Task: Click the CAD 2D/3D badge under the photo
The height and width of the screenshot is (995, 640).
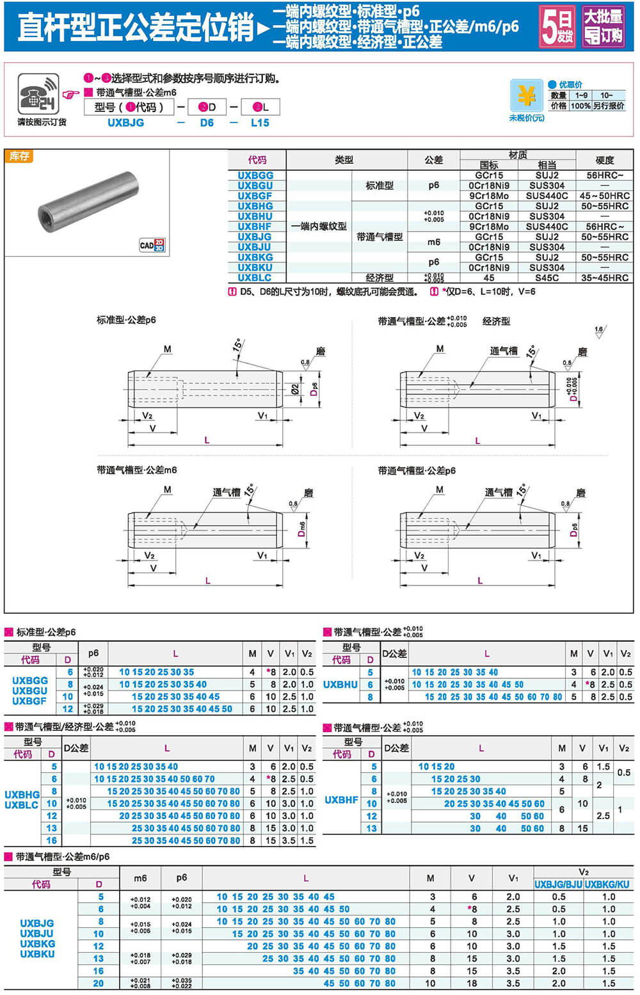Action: point(152,245)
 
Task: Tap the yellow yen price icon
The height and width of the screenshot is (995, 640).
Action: point(527,96)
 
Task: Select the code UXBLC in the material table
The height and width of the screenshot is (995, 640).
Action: point(255,278)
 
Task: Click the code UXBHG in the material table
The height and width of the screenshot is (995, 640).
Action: point(255,206)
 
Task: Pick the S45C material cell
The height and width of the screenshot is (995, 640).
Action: point(547,278)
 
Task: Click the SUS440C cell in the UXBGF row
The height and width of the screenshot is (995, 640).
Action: point(547,196)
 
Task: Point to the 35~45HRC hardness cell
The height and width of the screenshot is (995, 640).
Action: point(604,278)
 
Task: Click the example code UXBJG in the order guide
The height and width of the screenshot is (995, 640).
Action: point(125,122)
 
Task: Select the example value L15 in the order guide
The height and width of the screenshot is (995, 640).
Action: point(260,122)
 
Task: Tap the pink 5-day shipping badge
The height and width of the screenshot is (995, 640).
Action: point(557,26)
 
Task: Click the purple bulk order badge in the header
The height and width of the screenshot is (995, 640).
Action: point(603,26)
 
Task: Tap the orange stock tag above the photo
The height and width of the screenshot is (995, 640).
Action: point(19,156)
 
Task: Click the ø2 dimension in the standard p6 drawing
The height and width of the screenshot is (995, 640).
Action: point(295,388)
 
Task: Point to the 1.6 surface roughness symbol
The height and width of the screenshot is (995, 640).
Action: point(598,331)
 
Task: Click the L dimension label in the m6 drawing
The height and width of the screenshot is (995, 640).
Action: point(208,580)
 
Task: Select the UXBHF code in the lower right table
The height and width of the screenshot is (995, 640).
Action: point(341,800)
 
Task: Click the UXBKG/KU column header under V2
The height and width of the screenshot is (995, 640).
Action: point(607,884)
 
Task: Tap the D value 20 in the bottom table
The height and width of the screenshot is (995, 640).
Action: point(98,983)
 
